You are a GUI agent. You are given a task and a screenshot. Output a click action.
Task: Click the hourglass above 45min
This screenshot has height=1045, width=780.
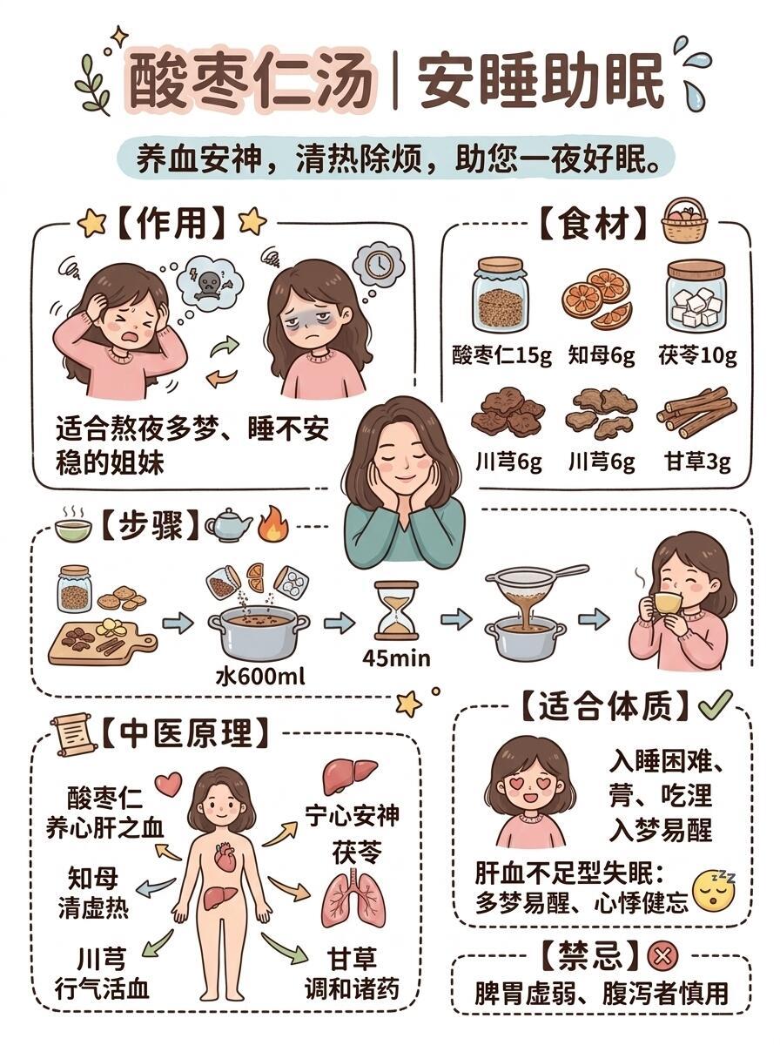[396, 610]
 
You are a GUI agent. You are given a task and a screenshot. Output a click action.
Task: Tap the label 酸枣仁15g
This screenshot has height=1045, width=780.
[501, 355]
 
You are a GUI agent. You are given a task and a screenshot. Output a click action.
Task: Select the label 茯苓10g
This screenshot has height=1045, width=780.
[697, 355]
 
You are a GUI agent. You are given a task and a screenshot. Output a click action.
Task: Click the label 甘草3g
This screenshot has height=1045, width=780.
[697, 462]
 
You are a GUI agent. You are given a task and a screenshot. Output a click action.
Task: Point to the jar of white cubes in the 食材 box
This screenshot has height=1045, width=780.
[696, 295]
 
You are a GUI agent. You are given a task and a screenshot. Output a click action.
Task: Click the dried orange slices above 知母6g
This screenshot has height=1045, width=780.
[598, 298]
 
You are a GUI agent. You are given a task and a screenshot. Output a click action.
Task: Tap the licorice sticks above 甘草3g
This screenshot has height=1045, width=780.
[696, 413]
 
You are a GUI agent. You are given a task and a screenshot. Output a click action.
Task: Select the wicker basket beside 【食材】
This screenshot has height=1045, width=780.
[684, 220]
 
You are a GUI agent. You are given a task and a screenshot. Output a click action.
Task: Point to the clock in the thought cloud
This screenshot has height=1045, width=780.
[380, 263]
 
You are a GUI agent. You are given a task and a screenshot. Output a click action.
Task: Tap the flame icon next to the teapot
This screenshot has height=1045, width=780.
[272, 523]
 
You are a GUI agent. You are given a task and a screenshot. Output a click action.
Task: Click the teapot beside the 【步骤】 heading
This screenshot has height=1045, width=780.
[228, 524]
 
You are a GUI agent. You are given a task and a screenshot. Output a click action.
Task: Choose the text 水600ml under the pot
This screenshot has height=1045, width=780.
[259, 677]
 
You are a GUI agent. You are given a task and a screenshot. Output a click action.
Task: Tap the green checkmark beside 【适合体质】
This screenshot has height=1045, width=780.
[716, 705]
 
